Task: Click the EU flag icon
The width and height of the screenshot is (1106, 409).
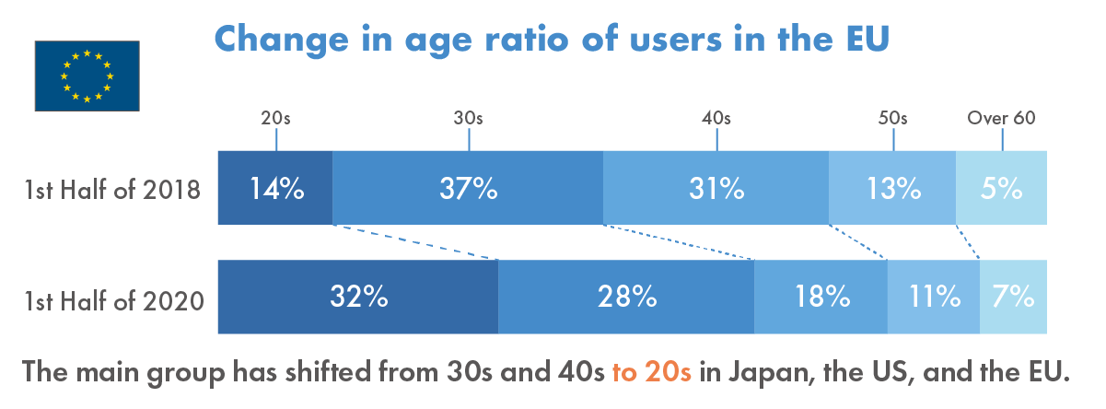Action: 87,76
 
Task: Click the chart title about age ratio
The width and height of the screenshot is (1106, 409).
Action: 552,39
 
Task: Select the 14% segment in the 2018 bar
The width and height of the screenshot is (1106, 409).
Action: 275,188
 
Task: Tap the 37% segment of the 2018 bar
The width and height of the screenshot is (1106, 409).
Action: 468,188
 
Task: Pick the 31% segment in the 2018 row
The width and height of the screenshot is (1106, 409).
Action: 716,188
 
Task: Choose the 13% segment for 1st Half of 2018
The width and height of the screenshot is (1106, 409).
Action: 892,188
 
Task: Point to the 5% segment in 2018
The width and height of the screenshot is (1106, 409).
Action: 1001,188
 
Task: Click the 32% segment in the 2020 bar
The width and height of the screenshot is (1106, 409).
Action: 358,297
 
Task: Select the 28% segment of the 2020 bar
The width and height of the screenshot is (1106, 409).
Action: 626,297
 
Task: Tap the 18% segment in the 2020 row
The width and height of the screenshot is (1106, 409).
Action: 821,297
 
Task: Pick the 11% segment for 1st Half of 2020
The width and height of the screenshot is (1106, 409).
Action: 933,297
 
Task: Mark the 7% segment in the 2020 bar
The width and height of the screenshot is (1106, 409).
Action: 1013,297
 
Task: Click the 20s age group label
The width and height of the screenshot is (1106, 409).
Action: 275,118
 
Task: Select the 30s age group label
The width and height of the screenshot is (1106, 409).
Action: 468,118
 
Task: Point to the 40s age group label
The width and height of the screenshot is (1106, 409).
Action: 716,118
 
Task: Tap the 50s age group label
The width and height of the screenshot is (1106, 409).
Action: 892,118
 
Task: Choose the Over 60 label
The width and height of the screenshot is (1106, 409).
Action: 1001,118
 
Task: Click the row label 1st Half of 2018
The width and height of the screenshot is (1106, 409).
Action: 113,191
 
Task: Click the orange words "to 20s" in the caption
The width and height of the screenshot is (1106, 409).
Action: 651,373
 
